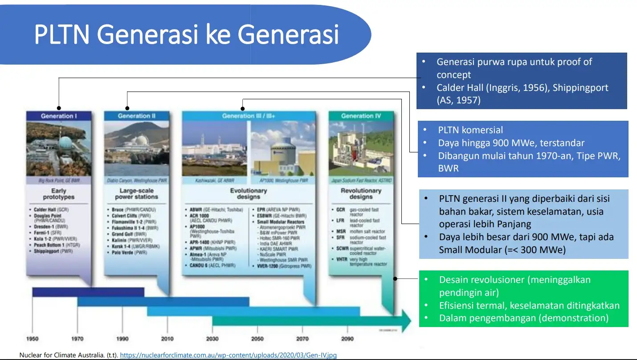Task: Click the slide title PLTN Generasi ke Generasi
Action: point(186,35)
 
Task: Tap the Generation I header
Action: point(59,116)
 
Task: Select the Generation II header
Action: point(136,116)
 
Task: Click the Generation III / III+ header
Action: point(249,116)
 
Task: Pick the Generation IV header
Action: point(361,116)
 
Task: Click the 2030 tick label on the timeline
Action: point(212,339)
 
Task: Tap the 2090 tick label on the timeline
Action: point(347,339)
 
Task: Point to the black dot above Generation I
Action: point(58,108)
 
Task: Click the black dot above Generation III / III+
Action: point(242,108)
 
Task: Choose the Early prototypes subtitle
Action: point(58,194)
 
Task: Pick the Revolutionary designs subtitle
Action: point(360,194)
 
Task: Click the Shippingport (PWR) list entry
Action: point(53,251)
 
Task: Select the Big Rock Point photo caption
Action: point(58,181)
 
